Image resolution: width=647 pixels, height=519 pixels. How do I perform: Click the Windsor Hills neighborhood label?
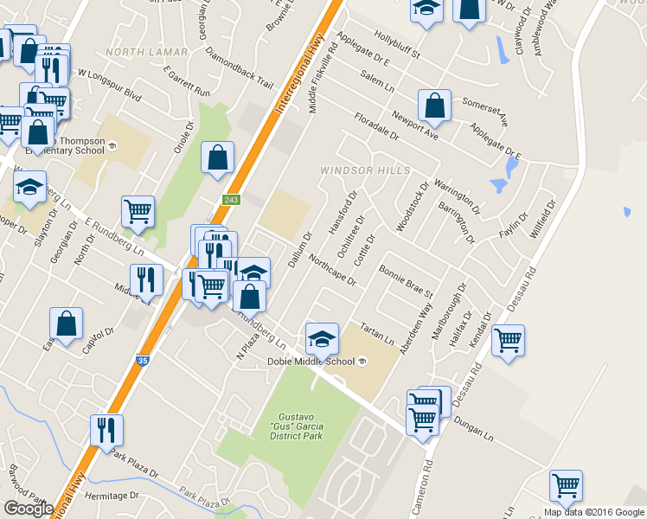(365, 170)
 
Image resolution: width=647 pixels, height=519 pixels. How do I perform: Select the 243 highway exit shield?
(230, 200)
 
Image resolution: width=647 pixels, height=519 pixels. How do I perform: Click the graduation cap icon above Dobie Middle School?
(322, 338)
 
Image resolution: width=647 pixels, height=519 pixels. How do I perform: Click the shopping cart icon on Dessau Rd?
(508, 340)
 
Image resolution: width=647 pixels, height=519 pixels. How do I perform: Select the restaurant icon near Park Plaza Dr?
(106, 429)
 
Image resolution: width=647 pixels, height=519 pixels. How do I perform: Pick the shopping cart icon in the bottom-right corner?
(566, 485)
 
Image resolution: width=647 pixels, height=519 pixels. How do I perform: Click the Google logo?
(28, 509)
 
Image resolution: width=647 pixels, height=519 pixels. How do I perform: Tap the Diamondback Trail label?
(240, 67)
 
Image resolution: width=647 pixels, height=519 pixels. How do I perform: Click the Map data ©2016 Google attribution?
(593, 511)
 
